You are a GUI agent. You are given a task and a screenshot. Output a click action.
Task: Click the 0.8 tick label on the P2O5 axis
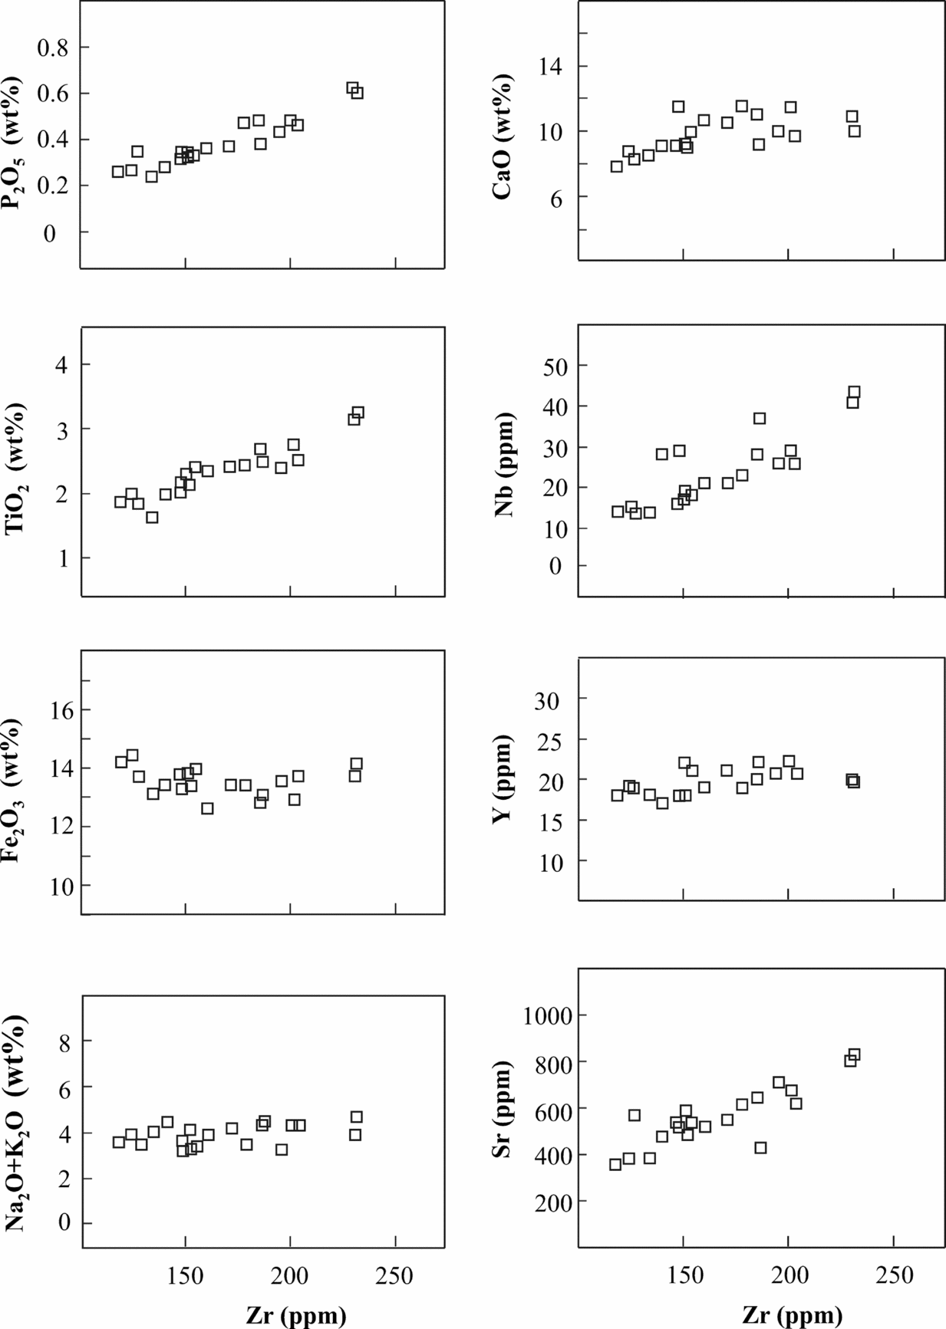click(x=52, y=48)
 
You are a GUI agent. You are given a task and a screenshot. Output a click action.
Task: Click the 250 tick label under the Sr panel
click(x=895, y=1276)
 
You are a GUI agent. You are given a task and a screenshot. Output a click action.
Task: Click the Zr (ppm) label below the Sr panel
click(x=793, y=1315)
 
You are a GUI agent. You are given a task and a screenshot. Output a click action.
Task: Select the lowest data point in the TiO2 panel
click(x=152, y=518)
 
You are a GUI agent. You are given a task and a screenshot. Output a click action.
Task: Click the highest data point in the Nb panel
click(x=854, y=392)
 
